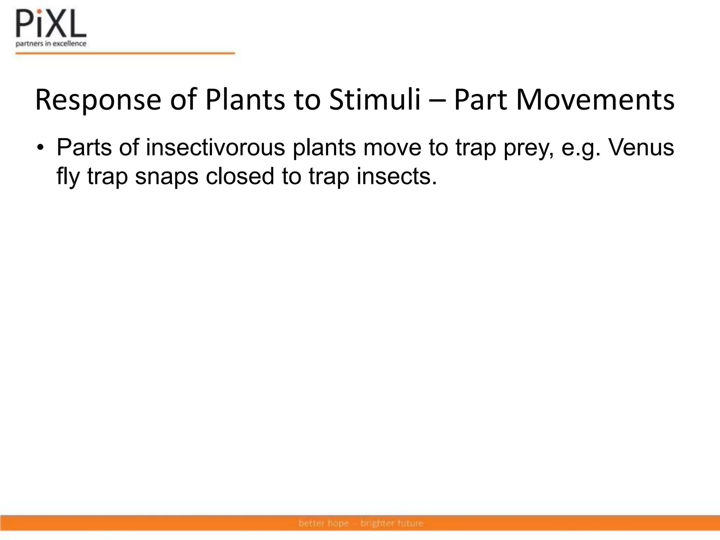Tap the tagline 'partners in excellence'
51,44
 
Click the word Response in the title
98,100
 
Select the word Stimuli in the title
375,100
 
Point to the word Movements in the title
595,100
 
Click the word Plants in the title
245,100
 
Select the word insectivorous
215,147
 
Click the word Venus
641,147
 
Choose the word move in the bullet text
392,148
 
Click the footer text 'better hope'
323,523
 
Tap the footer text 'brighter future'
392,523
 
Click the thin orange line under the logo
125,53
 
